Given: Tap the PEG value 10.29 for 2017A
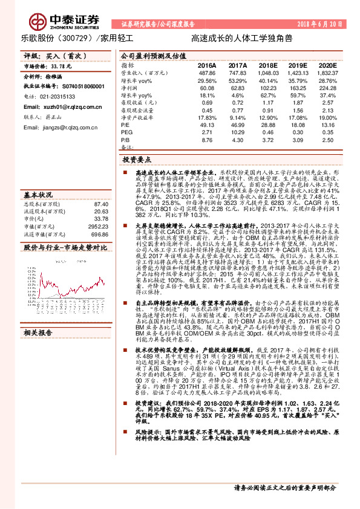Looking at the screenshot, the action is coord(238,131).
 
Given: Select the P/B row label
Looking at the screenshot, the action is coord(126,140).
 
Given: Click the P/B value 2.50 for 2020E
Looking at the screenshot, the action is coord(329,140).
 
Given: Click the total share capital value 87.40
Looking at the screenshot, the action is coord(100,204).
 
